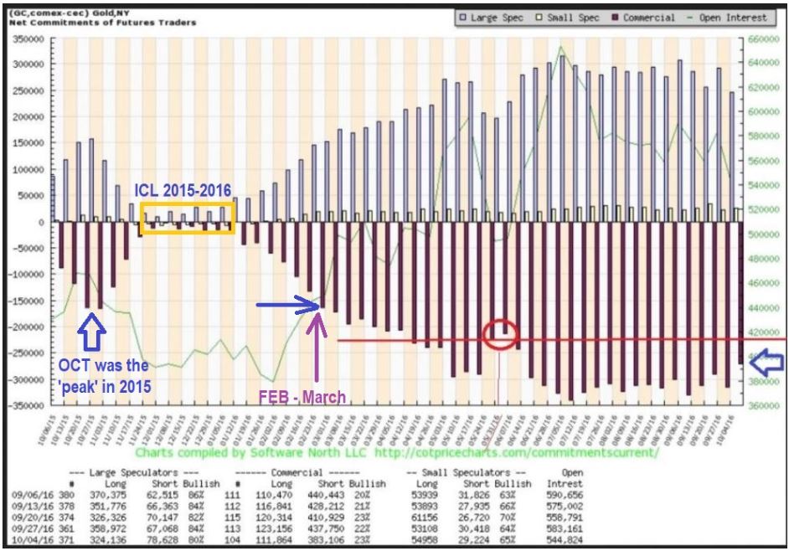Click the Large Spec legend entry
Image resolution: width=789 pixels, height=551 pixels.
(x=494, y=17)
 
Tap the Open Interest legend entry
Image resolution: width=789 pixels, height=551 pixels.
(x=733, y=17)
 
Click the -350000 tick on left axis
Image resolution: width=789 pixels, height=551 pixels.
(x=25, y=405)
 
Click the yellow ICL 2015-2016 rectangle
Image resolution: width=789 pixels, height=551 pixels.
(x=187, y=217)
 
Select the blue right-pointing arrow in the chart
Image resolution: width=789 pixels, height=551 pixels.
(x=289, y=306)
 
